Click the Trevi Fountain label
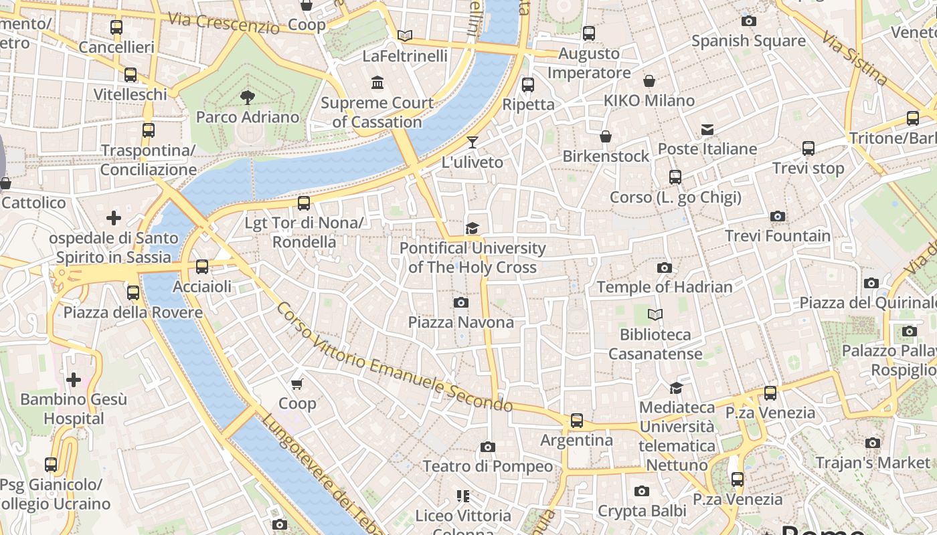[778, 236]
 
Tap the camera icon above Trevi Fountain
[778, 216]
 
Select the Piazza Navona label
[461, 322]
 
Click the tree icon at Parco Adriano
[247, 98]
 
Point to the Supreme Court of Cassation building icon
[377, 83]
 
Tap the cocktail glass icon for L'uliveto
[473, 142]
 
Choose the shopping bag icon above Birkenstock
[606, 136]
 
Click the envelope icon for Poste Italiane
[707, 129]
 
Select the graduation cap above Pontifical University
[473, 229]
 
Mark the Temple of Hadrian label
[665, 287]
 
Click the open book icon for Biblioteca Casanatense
[655, 314]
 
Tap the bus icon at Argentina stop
[576, 421]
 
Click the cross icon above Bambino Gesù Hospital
[74, 380]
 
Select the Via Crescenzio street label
[224, 23]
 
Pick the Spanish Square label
[748, 41]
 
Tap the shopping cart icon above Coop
[297, 383]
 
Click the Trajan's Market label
[873, 463]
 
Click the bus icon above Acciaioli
[202, 267]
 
